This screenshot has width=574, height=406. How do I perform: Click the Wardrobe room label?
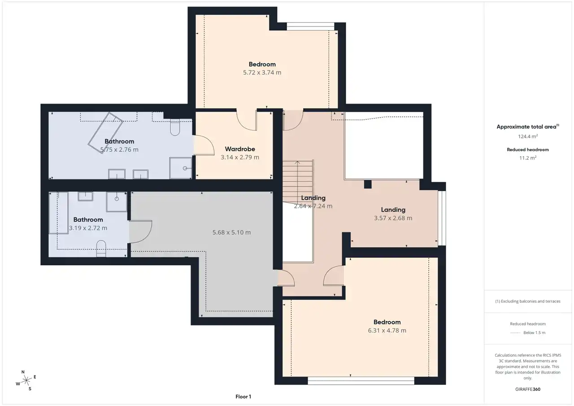(x=240, y=149)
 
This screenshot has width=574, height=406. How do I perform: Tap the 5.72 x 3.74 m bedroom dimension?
(x=262, y=73)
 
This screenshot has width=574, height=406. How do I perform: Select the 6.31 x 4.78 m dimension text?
(x=387, y=330)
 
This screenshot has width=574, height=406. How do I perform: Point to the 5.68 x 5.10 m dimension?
(x=231, y=232)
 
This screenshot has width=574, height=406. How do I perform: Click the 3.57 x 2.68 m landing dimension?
(x=393, y=218)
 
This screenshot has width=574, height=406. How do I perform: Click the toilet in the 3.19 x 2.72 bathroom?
(x=101, y=249)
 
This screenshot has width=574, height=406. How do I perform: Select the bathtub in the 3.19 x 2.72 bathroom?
(x=58, y=213)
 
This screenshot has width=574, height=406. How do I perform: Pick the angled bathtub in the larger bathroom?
(x=105, y=133)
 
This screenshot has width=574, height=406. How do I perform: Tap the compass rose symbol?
(x=26, y=380)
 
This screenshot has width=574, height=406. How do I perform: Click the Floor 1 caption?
(x=243, y=397)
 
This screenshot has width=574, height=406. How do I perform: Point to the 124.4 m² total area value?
(x=528, y=136)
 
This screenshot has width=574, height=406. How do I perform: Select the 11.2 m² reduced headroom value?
(x=528, y=158)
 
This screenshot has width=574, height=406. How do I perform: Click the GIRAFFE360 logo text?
(x=528, y=389)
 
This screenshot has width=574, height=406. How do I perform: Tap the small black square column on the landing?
(x=368, y=184)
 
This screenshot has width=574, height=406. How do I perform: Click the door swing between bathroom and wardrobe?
(x=204, y=145)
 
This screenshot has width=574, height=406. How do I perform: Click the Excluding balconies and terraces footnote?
(x=528, y=301)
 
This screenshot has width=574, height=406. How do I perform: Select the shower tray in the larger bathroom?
(x=180, y=168)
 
